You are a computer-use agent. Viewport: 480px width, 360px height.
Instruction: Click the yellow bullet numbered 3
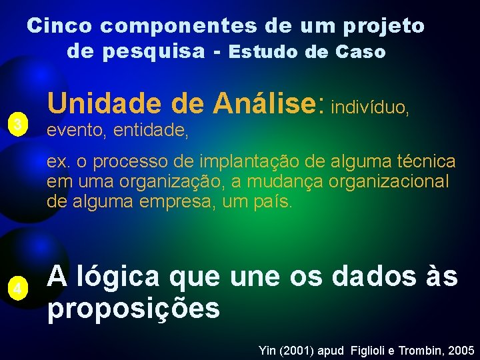point(19,124)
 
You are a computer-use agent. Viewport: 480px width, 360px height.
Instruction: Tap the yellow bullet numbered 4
point(19,289)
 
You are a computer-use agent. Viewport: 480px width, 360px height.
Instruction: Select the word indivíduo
point(369,107)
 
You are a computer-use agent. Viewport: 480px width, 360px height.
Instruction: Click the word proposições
point(133,308)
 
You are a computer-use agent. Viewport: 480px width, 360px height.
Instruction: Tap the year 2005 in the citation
point(461,350)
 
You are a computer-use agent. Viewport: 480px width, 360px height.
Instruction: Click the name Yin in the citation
point(266,350)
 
